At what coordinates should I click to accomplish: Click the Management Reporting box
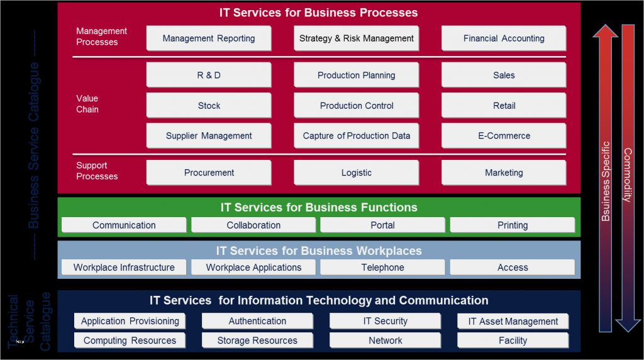click(x=209, y=38)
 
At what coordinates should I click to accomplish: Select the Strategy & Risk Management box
click(x=357, y=38)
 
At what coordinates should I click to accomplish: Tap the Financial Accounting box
click(x=504, y=38)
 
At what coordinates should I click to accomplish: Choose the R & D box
click(x=209, y=75)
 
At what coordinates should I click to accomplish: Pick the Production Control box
click(x=357, y=106)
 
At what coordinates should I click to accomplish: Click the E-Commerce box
click(x=504, y=135)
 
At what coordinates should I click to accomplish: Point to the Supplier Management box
click(x=209, y=135)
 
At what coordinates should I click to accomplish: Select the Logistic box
click(x=357, y=172)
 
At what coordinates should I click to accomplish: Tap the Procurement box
click(x=209, y=172)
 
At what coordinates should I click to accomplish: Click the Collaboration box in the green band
click(x=253, y=225)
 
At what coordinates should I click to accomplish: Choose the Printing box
click(x=513, y=225)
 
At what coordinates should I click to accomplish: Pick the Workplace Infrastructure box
click(x=124, y=267)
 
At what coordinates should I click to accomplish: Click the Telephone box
click(x=382, y=267)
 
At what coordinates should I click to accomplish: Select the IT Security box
click(x=386, y=321)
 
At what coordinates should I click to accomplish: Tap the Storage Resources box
click(x=257, y=340)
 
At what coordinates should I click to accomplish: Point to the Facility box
click(x=513, y=340)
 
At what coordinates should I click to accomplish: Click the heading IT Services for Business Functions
click(x=319, y=207)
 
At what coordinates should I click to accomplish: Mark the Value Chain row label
click(x=87, y=104)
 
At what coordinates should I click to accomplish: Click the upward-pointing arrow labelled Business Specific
click(x=606, y=176)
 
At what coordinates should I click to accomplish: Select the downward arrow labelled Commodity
click(x=628, y=176)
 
